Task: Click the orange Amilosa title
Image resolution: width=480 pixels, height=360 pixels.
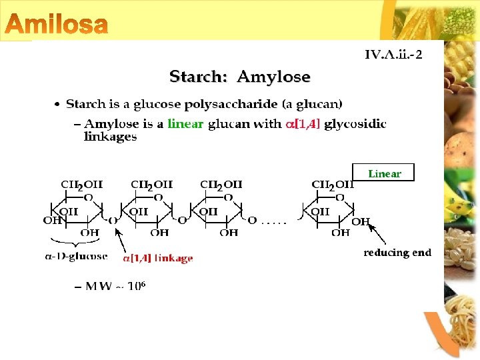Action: click(x=57, y=24)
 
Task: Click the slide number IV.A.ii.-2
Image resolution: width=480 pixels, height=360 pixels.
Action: click(x=393, y=54)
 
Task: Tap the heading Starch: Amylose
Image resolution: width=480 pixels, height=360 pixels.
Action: click(x=239, y=77)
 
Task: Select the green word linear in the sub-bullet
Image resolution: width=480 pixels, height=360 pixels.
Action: click(x=185, y=123)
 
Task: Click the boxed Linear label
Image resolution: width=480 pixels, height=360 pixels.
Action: click(x=384, y=173)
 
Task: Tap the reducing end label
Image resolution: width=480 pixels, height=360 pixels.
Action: click(x=397, y=253)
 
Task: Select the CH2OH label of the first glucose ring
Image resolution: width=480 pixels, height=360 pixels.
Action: click(x=81, y=185)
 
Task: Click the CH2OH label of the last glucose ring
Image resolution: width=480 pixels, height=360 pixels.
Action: click(x=332, y=185)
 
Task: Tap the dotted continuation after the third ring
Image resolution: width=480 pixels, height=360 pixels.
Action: click(x=274, y=221)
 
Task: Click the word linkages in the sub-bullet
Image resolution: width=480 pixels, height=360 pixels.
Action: click(x=110, y=137)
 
